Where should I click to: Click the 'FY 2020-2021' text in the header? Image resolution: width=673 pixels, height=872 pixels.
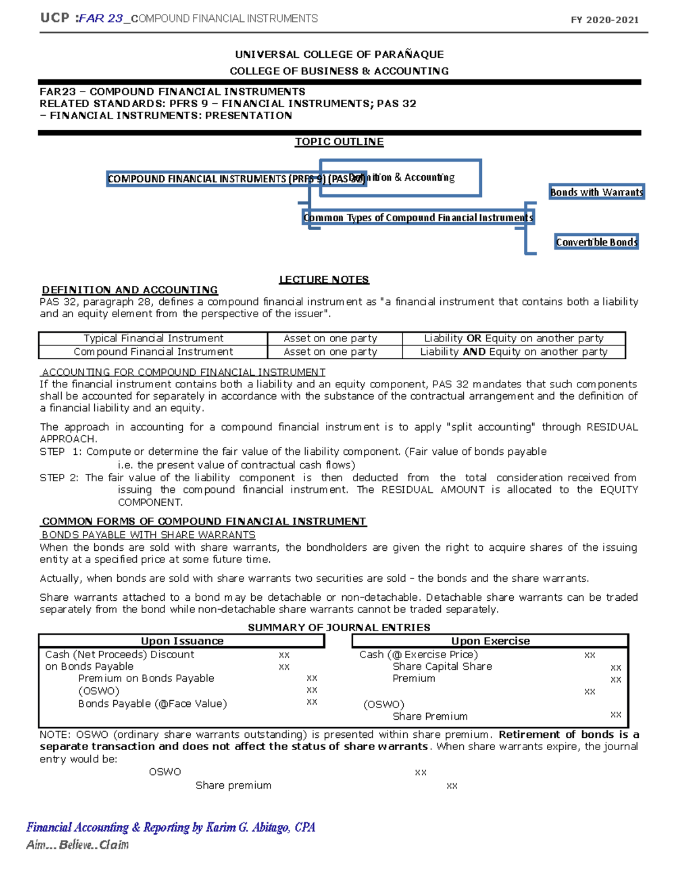[605, 20]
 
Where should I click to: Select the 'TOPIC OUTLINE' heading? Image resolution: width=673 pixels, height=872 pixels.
[339, 142]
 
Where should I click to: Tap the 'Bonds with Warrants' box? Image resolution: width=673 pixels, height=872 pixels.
[596, 192]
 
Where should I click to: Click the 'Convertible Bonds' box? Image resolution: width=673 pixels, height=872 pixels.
[596, 242]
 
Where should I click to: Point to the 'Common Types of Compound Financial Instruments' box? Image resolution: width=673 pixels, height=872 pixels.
[418, 218]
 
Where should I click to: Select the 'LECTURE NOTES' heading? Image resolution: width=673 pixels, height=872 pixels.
[324, 280]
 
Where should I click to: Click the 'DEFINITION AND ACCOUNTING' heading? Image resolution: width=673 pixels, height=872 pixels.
[130, 290]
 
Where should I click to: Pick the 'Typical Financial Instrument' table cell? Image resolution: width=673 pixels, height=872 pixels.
[153, 339]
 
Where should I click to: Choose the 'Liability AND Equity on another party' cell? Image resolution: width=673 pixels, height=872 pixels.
[514, 352]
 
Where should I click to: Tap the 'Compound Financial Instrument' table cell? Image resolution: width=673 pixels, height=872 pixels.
[153, 352]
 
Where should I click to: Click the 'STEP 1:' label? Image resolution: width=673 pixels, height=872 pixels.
[61, 452]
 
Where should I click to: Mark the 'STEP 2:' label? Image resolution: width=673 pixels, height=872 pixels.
[59, 478]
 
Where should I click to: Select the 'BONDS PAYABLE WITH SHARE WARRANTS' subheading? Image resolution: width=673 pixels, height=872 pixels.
[149, 535]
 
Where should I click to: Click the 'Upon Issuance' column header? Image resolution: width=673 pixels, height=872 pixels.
[182, 641]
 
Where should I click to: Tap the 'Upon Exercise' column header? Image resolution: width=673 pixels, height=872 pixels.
[490, 641]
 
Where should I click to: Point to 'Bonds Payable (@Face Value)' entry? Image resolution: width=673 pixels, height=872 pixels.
[153, 704]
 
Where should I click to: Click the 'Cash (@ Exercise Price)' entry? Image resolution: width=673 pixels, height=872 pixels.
[418, 655]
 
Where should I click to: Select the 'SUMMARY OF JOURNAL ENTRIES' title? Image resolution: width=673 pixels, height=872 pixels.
[339, 628]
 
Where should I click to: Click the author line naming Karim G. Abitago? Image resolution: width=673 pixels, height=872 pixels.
[170, 828]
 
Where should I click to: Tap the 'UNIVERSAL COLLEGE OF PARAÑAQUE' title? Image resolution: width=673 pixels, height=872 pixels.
[339, 54]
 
